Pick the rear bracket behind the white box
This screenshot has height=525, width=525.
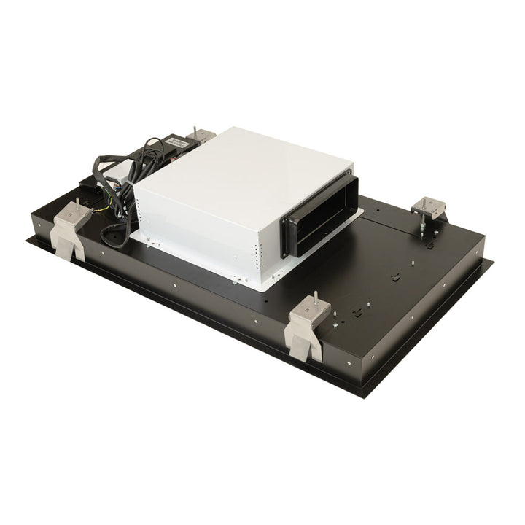coord(201,136)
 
